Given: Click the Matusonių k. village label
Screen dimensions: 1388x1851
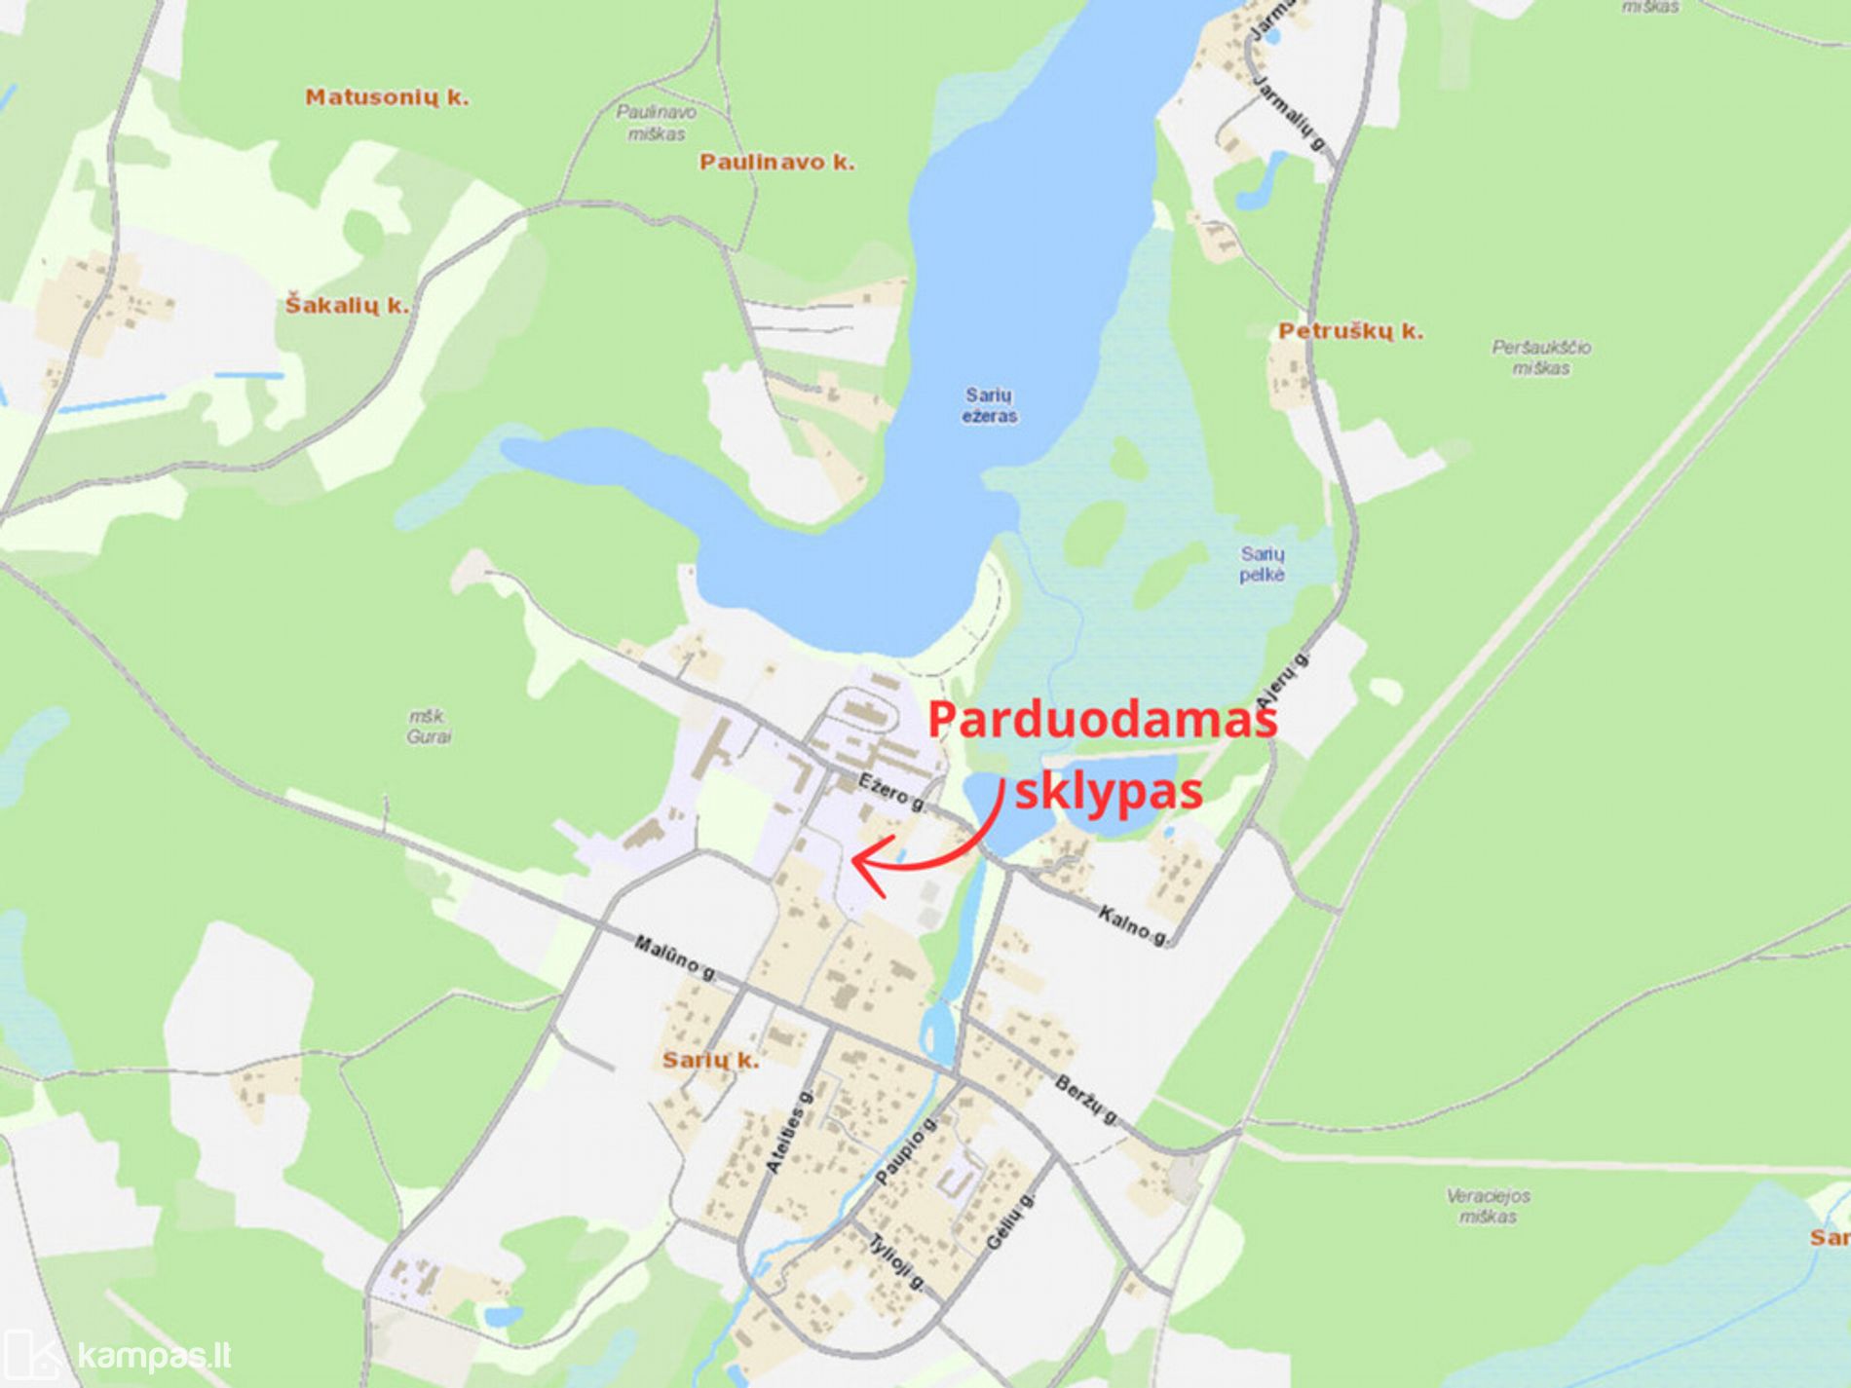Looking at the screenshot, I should point(387,97).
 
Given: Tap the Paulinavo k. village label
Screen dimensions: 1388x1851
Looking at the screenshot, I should point(776,163).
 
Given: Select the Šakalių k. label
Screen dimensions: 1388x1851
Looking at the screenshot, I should point(347,306).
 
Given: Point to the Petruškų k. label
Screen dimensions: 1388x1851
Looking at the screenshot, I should point(1350,331).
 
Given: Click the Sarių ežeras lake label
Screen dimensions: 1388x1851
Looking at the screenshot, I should point(990,405).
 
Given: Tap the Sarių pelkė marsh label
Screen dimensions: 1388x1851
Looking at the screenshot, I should point(1263,564).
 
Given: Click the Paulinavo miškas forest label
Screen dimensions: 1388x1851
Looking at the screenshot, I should point(657,124).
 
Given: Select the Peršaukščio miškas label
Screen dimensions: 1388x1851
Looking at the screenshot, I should point(1541,357).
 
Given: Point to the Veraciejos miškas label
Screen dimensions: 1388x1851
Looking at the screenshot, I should point(1488,1206).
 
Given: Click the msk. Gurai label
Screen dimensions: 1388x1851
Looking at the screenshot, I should point(429,727).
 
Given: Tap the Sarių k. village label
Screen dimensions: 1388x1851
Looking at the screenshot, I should point(710,1061).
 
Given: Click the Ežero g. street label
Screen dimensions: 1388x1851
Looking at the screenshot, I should point(893,792).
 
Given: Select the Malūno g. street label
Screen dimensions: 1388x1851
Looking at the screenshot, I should point(675,958).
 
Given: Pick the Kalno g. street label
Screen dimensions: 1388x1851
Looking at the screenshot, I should point(1133,925).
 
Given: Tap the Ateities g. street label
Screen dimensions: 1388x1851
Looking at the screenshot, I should point(788,1132).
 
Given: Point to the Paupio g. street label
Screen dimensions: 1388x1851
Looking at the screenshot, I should point(904,1151).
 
